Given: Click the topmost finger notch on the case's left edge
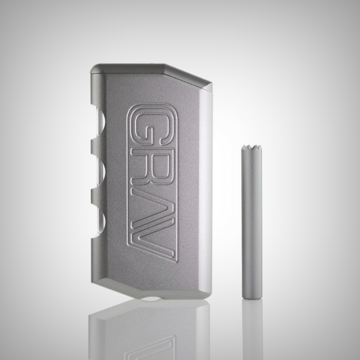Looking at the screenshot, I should [99, 126].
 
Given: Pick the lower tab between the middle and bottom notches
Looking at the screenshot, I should [97, 193].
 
